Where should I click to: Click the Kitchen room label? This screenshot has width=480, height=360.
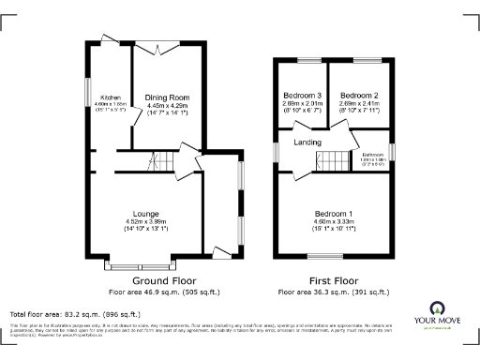click(x=111, y=97)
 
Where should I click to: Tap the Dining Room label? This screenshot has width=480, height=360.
click(x=167, y=97)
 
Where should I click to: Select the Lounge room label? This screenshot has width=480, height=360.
click(x=145, y=213)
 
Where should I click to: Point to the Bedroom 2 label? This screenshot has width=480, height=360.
click(x=358, y=96)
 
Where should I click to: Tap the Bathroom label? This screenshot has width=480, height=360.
click(x=374, y=154)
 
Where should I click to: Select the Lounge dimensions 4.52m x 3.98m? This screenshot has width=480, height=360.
click(x=145, y=221)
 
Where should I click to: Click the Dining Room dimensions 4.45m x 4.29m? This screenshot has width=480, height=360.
click(x=167, y=105)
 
